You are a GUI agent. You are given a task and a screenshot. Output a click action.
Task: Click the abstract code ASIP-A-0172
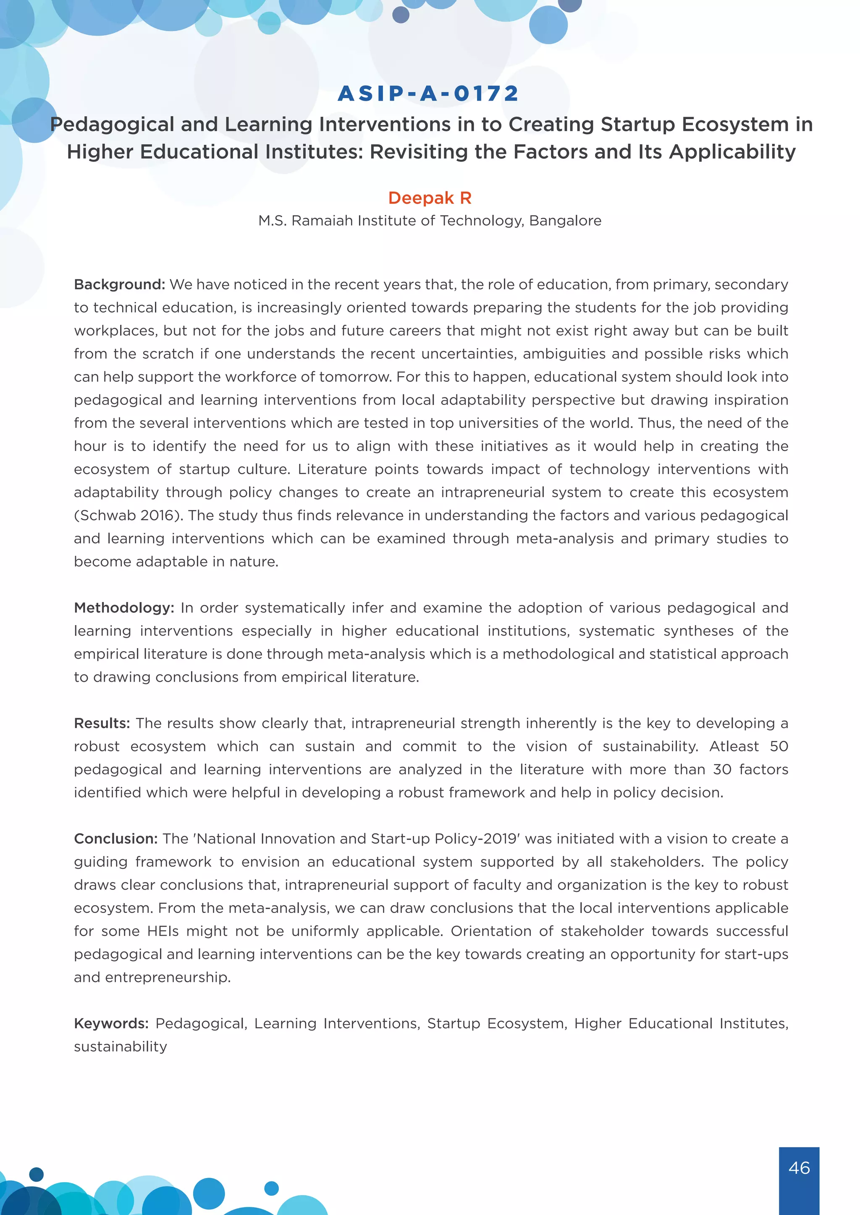[x=428, y=94]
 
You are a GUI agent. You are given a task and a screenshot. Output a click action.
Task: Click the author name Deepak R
[x=430, y=198]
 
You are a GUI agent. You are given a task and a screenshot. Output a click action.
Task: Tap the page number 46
[x=799, y=1167]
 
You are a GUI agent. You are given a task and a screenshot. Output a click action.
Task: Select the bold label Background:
[x=120, y=285]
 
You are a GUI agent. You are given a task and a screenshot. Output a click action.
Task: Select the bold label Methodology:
[x=124, y=608]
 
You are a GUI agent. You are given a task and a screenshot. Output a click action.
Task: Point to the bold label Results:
[x=102, y=723]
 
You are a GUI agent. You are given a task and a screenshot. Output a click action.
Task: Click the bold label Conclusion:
[x=116, y=839]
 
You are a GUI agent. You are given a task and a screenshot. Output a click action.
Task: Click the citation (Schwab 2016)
[x=128, y=516]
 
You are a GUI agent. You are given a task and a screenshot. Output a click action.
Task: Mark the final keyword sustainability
[x=120, y=1047]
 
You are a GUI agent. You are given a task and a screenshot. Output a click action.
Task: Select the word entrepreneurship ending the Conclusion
[x=168, y=978]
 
